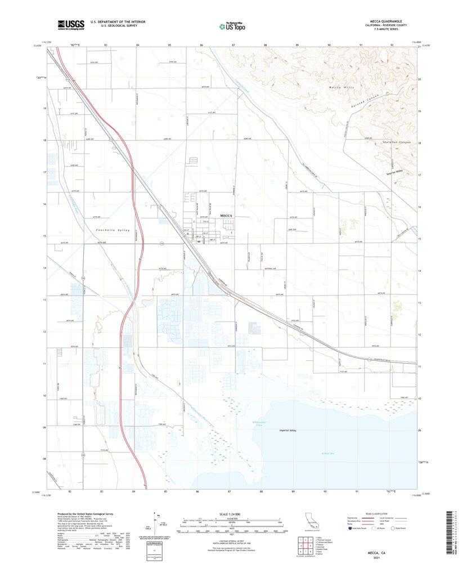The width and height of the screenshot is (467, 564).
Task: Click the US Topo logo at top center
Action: click(x=233, y=25)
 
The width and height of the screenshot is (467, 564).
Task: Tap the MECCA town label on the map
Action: click(x=226, y=216)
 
